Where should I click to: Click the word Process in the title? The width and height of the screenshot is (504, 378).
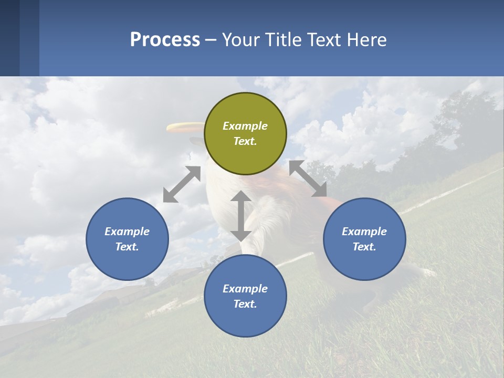pos(165,40)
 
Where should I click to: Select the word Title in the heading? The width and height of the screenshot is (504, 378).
pos(285,40)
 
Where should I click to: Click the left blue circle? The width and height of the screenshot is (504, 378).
pos(127,239)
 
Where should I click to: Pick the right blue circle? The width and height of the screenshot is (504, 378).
pos(364,239)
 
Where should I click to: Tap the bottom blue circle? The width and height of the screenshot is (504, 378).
pos(245,296)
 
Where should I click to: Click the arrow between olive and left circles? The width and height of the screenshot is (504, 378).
pos(182,184)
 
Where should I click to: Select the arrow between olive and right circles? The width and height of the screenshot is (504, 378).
pos(308,179)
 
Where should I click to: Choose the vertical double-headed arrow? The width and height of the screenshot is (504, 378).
pos(241,216)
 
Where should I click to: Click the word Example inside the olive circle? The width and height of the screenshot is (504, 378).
pos(245,126)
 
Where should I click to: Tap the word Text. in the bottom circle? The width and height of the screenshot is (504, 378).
pos(245,304)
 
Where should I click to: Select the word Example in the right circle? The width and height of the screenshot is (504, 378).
pos(364,232)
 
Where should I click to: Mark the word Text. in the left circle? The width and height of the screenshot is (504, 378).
pos(127,247)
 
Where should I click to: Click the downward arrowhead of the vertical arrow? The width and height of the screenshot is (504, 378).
pos(241,235)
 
